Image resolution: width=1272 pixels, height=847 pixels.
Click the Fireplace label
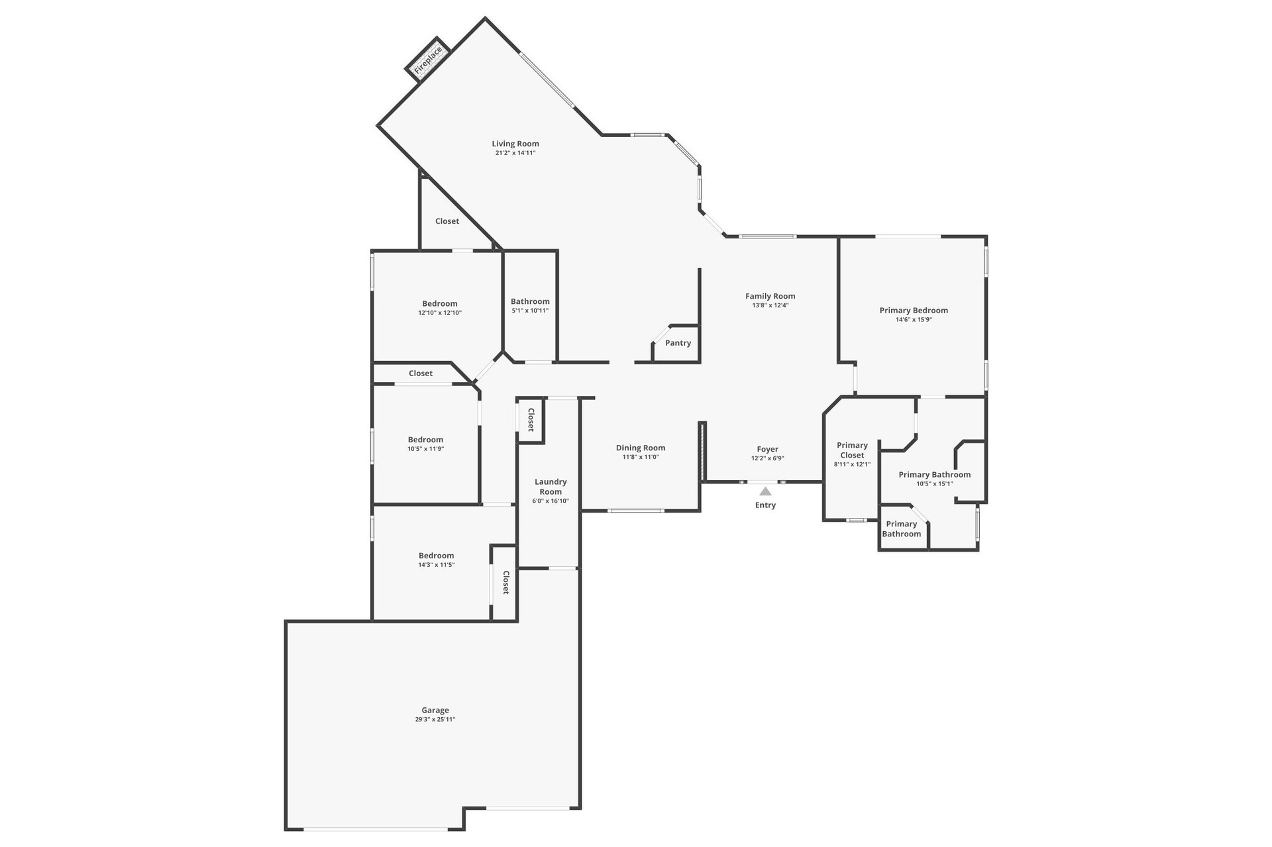coord(428,60)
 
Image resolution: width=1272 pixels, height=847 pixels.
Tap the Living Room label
coord(515,144)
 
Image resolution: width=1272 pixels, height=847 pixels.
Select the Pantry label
coord(678,343)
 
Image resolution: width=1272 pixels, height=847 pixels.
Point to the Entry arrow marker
coord(765,491)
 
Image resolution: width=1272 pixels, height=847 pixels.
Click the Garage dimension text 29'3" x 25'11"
coord(435,720)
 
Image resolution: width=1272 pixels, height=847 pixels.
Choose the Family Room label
coord(770,296)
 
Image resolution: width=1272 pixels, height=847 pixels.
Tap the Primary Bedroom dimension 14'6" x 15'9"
coord(914,320)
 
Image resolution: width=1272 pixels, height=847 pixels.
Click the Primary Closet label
coord(852,450)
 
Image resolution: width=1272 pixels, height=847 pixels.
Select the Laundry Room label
coord(551,487)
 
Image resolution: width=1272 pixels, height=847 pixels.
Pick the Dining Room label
coord(641,448)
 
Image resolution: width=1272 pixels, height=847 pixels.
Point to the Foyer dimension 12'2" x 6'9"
coord(768,458)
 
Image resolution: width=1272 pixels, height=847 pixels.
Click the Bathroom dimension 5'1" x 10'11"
coord(530,311)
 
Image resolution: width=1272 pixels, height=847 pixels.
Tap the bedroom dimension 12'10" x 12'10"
coord(440,313)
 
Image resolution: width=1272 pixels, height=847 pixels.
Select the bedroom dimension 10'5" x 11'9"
coord(425,449)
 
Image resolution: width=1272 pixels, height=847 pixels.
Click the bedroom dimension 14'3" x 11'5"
coord(436,565)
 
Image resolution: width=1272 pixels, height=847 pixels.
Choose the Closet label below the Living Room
coord(447,221)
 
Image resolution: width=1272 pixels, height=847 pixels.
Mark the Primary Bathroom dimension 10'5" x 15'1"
coord(934,484)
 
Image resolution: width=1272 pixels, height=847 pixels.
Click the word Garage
coord(435,711)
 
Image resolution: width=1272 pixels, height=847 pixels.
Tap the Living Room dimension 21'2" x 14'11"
coord(515,153)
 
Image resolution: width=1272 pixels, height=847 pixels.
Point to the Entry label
coord(765,505)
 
